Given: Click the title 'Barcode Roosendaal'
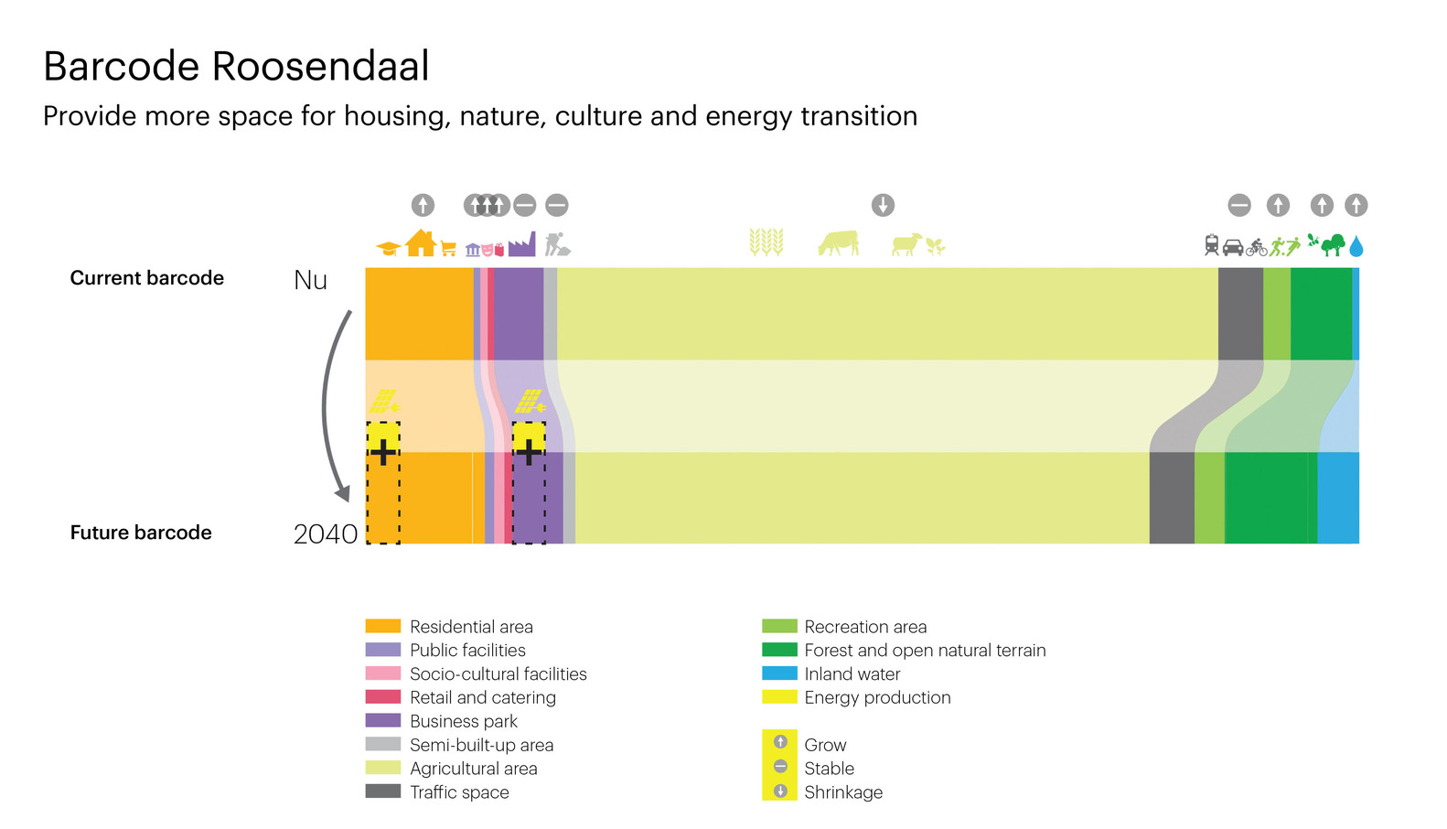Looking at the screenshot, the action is [x=236, y=66].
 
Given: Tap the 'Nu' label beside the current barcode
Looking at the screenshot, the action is [x=311, y=280].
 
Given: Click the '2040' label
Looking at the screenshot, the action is [x=325, y=533].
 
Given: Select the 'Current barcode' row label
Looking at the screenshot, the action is [x=146, y=278].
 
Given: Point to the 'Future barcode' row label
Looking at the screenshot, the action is [x=141, y=533].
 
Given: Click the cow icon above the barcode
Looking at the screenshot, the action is [x=839, y=243].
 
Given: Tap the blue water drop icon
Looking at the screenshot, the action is [x=1356, y=246].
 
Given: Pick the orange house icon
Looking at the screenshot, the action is [x=421, y=243].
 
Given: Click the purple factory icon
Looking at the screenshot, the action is [x=522, y=244].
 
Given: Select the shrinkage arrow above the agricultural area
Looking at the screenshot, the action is [x=883, y=206].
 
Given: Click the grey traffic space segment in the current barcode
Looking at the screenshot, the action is [x=1240, y=313].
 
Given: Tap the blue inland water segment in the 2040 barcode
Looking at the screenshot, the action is [x=1338, y=498].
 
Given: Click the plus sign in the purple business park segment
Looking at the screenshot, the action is [x=529, y=452].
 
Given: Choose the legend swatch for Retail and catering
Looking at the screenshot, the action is [x=383, y=697].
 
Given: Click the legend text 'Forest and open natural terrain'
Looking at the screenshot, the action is [x=925, y=650].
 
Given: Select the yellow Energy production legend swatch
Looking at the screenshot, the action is [x=779, y=697].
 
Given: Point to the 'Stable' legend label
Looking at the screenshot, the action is [x=829, y=769].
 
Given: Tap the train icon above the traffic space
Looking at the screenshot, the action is [x=1211, y=245].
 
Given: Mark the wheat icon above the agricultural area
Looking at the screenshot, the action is [x=766, y=242].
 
